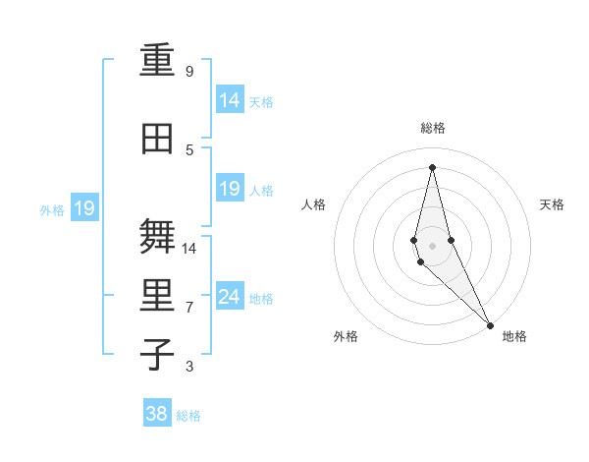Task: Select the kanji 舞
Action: [x=158, y=237]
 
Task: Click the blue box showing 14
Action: [x=230, y=100]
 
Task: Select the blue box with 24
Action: [x=230, y=297]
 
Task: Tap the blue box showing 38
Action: [x=157, y=414]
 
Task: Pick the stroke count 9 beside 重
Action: [x=189, y=72]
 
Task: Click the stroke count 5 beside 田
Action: [x=189, y=150]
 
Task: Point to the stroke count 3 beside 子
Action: [x=189, y=367]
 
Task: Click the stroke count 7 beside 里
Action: [x=189, y=308]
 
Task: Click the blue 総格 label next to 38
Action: [x=188, y=416]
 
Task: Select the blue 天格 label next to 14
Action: [x=261, y=101]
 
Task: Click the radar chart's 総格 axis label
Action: [x=433, y=128]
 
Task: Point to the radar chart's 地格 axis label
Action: [x=514, y=336]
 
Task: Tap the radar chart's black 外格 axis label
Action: [x=346, y=336]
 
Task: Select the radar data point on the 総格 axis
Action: [x=432, y=167]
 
